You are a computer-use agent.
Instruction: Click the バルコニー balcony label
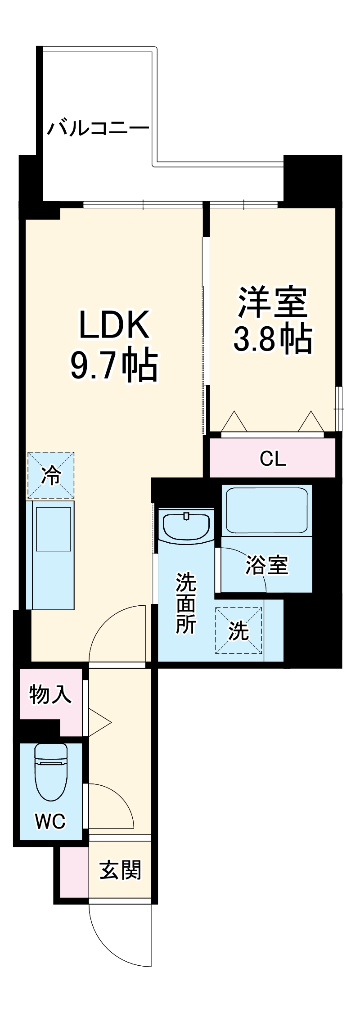(x=98, y=128)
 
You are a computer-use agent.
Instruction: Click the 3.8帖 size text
(x=273, y=339)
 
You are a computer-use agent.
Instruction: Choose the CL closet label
(x=273, y=459)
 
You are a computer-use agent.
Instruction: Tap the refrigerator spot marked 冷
(x=51, y=475)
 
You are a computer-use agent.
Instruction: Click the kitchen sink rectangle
(x=54, y=529)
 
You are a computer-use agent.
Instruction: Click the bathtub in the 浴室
(x=267, y=510)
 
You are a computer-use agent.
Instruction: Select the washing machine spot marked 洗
(x=238, y=630)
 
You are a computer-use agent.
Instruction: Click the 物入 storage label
(x=50, y=694)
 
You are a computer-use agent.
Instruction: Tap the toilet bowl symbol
(x=51, y=772)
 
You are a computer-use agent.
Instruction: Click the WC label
(x=51, y=821)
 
